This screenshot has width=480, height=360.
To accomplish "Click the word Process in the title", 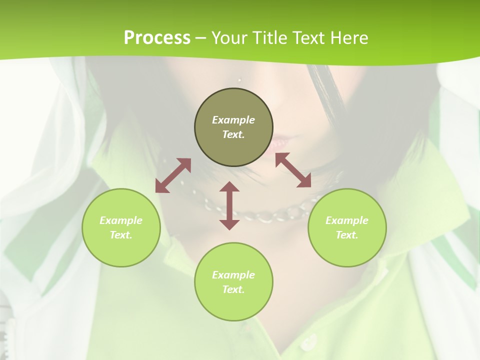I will coord(157,38).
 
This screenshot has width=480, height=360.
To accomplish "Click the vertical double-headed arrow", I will coord(229,205).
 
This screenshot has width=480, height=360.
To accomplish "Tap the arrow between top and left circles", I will coord(173,175).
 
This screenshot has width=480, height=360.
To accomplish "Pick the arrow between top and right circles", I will coord(293,170).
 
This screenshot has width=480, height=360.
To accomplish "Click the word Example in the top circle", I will coord(233,120).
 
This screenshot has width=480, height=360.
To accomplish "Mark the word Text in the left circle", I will coord(121,235).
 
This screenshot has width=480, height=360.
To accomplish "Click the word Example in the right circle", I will coord(347,220).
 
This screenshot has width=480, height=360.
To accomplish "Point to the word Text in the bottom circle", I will coord(233,289).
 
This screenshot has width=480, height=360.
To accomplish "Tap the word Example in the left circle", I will coord(121,220).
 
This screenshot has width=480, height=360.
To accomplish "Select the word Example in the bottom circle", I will coord(233,275).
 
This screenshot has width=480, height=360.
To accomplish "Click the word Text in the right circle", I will coord(347,235).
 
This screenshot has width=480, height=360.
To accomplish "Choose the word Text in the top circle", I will coord(233,134).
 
